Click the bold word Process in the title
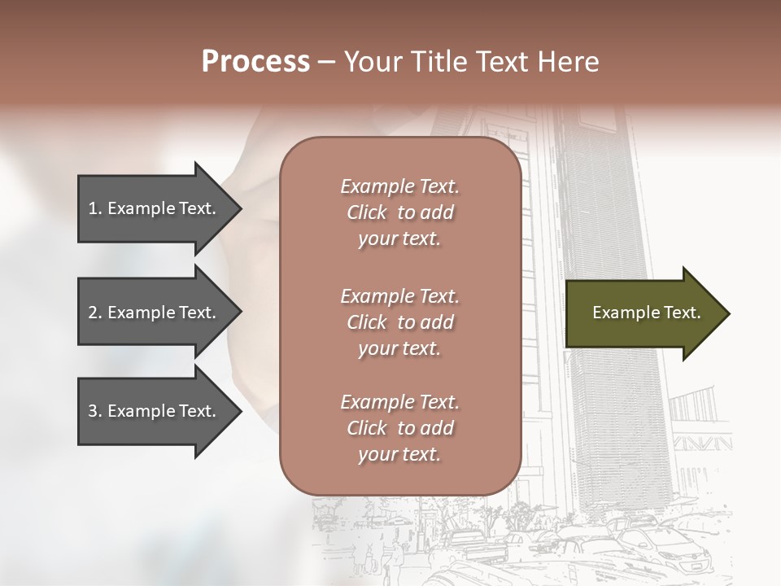tap(255, 62)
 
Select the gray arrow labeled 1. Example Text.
tap(155, 208)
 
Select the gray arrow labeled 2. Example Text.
tap(155, 313)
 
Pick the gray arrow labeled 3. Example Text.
tap(155, 411)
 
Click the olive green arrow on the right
tap(643, 313)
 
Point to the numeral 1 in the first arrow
tap(93, 208)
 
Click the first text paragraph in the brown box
tap(399, 212)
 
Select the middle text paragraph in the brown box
tap(399, 322)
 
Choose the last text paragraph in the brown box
tap(399, 428)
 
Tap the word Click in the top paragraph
tap(367, 212)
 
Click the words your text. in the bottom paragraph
tap(399, 454)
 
